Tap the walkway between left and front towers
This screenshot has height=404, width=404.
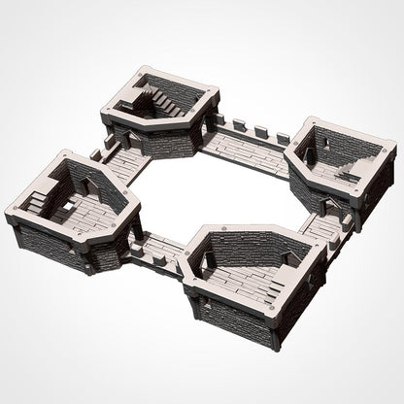160,249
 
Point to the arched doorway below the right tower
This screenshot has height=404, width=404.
329,205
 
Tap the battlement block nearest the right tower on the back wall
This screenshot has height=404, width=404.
283,139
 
